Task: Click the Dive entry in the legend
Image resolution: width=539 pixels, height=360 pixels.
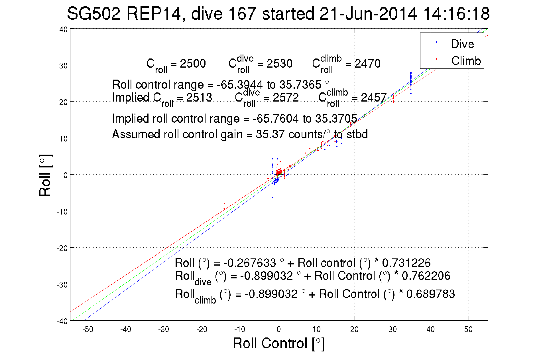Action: (x=462, y=44)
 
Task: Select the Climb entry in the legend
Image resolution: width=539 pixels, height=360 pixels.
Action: (x=466, y=61)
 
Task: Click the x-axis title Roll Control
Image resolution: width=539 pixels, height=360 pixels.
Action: (x=278, y=343)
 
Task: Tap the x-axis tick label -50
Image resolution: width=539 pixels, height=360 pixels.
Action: (x=88, y=329)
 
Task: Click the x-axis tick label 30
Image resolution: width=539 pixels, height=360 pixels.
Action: (x=392, y=329)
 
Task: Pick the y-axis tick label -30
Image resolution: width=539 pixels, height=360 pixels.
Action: (x=62, y=284)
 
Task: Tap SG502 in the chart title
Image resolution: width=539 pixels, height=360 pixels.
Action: (x=93, y=13)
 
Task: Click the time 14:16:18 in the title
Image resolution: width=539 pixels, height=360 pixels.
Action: (x=456, y=13)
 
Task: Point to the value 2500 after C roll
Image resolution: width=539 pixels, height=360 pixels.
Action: (x=193, y=64)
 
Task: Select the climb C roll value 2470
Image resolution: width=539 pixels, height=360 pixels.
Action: (x=367, y=64)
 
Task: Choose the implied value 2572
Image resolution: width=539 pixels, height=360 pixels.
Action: (x=286, y=98)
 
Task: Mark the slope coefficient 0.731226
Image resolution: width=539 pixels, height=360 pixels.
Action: (x=406, y=263)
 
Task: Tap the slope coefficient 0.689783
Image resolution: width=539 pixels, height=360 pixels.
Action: (x=430, y=294)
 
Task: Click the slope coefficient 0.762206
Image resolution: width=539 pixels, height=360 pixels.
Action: (x=426, y=276)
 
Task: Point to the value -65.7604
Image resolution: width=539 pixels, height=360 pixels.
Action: (x=276, y=119)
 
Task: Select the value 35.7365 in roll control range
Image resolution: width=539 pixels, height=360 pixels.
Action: (x=300, y=85)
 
